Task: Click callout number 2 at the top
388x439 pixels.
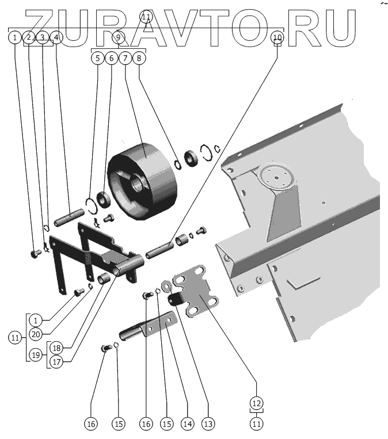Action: click(x=28, y=37)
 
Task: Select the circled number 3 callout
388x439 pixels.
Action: click(x=42, y=37)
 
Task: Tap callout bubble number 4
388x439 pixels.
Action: click(x=56, y=37)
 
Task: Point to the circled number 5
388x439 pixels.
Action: click(x=98, y=58)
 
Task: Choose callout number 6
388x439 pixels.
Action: click(x=112, y=58)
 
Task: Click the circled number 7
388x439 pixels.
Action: click(x=125, y=58)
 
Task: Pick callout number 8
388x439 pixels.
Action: click(x=139, y=58)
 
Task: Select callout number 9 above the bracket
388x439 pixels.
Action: click(x=119, y=37)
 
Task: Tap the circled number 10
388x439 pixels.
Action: click(x=277, y=37)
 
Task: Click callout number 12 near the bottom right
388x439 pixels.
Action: click(x=256, y=402)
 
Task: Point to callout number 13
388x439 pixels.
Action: click(x=208, y=424)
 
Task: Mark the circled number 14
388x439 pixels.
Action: click(x=187, y=424)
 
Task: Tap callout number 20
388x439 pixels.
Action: click(x=35, y=333)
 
